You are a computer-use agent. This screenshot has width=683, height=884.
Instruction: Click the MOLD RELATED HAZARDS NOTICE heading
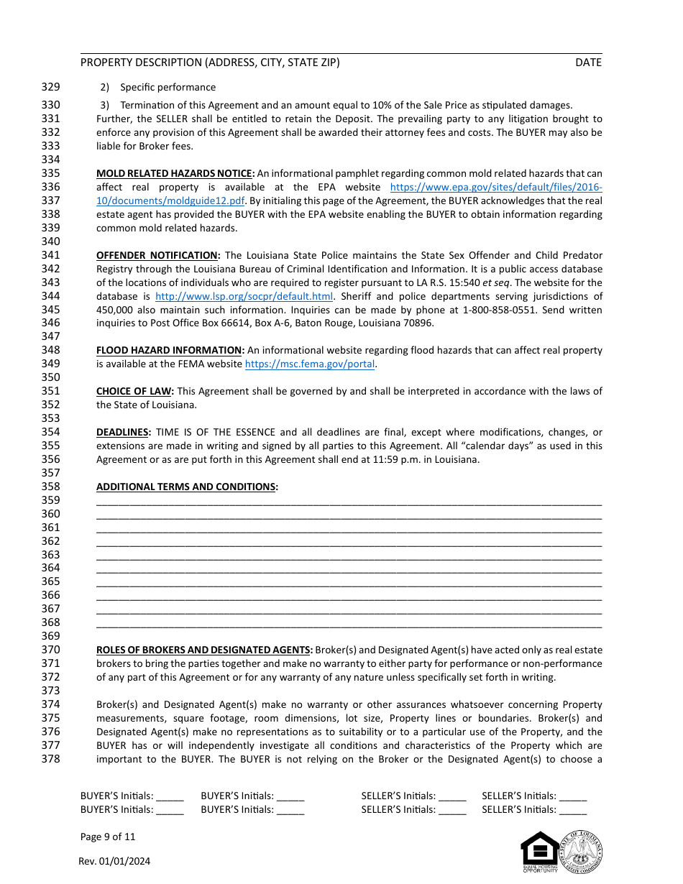175,173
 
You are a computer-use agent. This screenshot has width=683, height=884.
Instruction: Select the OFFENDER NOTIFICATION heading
158,255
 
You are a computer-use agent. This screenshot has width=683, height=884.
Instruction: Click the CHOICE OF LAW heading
134,391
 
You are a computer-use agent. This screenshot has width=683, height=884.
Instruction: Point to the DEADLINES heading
124,432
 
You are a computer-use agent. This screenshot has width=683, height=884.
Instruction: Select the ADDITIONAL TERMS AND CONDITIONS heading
186,487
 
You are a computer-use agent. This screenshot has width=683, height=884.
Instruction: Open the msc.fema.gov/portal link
310,364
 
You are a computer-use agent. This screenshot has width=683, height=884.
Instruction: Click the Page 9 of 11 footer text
108,837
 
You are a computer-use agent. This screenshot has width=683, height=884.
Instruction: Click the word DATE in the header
588,63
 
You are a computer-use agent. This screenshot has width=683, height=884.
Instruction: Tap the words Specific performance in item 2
168,87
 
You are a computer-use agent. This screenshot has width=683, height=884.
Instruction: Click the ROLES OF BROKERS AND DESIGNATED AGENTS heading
204,650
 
